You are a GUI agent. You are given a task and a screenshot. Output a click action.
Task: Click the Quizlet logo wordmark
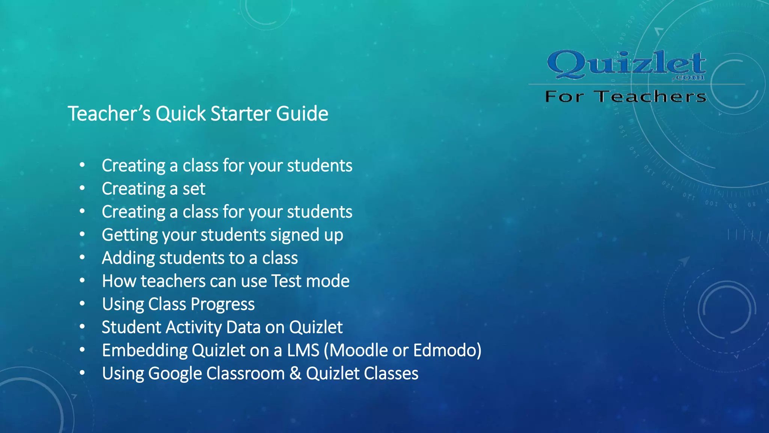(x=626, y=64)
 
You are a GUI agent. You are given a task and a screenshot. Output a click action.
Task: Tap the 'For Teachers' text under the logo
(x=626, y=97)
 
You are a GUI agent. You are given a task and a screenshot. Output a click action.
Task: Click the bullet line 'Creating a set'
(x=153, y=189)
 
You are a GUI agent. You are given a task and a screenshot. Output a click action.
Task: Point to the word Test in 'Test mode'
(x=286, y=281)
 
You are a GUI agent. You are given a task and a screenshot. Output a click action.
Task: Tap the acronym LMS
(x=303, y=350)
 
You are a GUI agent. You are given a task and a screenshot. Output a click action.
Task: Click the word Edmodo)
(x=447, y=350)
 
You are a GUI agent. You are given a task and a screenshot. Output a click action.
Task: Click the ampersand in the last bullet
(x=295, y=374)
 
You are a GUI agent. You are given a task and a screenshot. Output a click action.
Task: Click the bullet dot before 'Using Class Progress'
(x=82, y=304)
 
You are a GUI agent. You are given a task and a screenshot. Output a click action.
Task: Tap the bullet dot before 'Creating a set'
(x=82, y=188)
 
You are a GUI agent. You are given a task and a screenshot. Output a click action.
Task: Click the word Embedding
(x=145, y=351)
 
